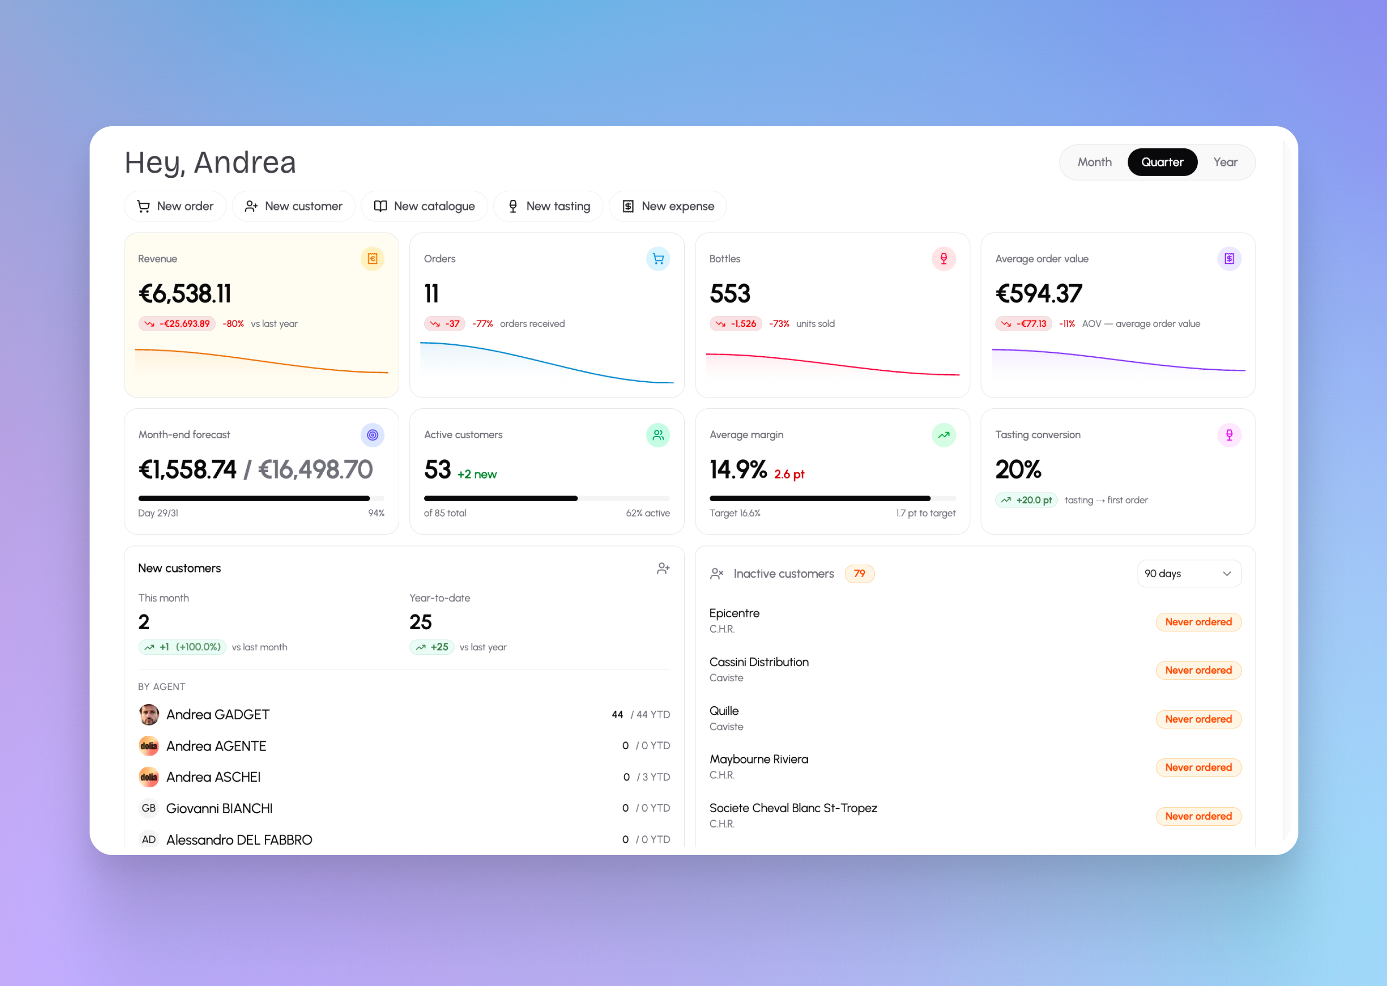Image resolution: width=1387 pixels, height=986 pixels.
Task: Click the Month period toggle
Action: coord(1094,162)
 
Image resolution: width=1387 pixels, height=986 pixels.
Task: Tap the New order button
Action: coord(175,207)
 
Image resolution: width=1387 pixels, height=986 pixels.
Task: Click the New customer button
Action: coord(293,207)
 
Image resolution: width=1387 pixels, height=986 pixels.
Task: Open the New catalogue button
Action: coord(424,207)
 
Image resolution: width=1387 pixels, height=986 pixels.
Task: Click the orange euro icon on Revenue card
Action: coord(372,259)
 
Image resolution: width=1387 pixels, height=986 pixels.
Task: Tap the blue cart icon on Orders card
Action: coord(658,259)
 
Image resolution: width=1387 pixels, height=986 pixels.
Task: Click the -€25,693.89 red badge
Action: coord(177,324)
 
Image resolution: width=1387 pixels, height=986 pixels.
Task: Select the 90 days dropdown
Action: coord(1189,574)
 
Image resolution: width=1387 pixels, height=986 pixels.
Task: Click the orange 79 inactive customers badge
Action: coord(859,574)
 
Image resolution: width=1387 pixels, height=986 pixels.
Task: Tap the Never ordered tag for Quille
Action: coord(1198,719)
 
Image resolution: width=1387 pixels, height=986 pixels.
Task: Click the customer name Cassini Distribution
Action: coord(759,662)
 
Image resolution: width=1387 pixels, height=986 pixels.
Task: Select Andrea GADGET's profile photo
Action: coord(149,714)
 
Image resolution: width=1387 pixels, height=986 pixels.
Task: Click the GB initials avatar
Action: coord(149,808)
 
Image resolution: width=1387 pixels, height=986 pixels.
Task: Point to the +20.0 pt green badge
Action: coord(1026,500)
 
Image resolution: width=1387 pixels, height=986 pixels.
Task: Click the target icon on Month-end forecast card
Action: coord(372,435)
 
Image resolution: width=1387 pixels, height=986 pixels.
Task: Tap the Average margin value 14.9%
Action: coord(738,469)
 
